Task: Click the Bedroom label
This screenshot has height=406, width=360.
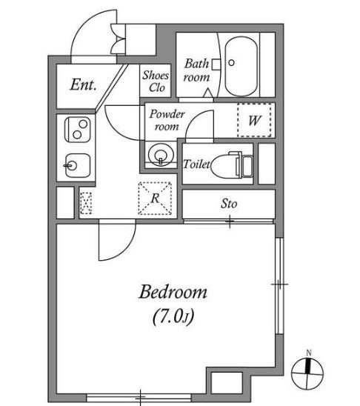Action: click(173, 292)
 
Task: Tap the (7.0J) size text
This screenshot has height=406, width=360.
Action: click(173, 316)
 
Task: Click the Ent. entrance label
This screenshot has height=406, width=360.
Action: click(84, 84)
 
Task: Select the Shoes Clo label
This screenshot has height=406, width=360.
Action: click(156, 81)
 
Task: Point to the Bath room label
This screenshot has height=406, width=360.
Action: click(197, 70)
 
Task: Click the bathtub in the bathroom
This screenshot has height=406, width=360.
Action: click(241, 66)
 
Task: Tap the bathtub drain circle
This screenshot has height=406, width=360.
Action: click(232, 62)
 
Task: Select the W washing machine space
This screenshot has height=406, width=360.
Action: click(254, 120)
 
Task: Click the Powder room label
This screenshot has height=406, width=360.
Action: click(167, 120)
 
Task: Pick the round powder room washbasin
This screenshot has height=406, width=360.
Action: click(161, 154)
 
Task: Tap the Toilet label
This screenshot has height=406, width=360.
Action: click(196, 164)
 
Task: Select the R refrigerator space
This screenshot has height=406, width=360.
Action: click(155, 199)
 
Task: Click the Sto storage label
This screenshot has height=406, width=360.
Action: click(229, 204)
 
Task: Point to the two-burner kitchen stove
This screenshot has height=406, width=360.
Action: click(77, 130)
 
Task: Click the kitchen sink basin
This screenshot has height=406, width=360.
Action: click(78, 166)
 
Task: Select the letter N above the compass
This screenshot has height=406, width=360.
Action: click(309, 353)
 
